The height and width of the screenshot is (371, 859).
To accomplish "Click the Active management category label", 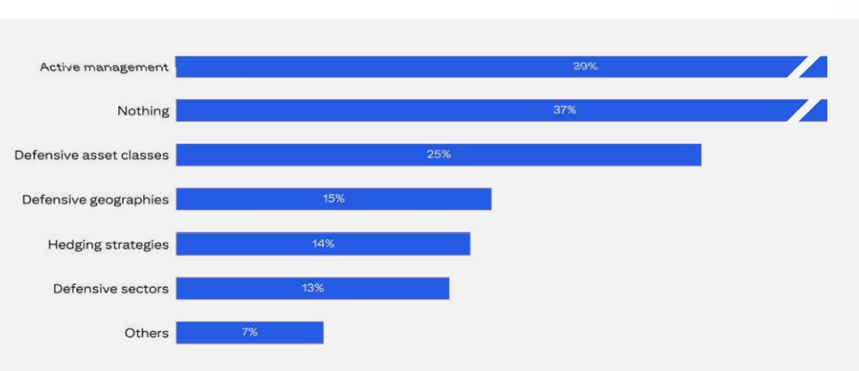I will [x=104, y=67].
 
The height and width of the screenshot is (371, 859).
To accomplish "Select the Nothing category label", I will [x=143, y=111].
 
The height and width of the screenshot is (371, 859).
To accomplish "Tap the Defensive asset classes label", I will [x=91, y=155].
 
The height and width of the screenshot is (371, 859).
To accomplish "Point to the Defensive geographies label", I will [x=95, y=199].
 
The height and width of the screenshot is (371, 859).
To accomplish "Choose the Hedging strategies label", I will [x=109, y=244].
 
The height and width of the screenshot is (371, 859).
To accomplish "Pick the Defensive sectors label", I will [x=111, y=289].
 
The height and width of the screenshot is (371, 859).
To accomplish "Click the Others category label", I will [x=147, y=333].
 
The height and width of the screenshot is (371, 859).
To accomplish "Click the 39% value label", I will [x=586, y=66].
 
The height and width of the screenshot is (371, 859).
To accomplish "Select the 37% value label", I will [x=565, y=110].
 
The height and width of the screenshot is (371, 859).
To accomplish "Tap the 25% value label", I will [x=439, y=154].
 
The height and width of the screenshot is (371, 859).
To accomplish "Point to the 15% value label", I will [x=333, y=199].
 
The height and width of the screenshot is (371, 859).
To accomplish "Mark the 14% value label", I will [x=323, y=244].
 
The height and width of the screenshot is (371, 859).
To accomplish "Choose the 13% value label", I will [x=312, y=288].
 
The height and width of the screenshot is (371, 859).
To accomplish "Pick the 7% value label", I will [x=249, y=332].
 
